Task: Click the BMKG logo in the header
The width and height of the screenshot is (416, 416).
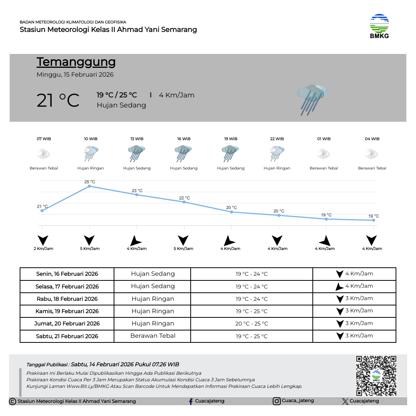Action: click(x=379, y=26)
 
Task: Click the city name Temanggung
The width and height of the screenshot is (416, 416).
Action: click(x=76, y=62)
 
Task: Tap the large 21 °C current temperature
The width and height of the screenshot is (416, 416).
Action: click(x=58, y=101)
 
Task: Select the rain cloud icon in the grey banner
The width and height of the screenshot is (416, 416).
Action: click(x=312, y=99)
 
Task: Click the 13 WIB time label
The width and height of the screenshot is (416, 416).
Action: click(x=137, y=139)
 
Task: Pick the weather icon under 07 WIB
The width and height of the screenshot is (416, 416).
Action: click(x=43, y=154)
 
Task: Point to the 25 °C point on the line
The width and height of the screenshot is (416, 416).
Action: click(x=89, y=186)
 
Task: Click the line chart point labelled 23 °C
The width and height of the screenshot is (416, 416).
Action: click(x=137, y=195)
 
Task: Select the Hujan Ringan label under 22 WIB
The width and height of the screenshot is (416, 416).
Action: click(x=277, y=168)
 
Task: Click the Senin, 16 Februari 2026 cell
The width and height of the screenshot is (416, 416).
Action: click(x=67, y=274)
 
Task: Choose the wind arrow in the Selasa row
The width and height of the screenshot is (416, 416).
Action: click(x=339, y=287)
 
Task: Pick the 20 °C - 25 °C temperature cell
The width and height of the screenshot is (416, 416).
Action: click(x=252, y=324)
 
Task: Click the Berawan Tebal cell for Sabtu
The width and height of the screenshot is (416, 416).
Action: click(x=153, y=336)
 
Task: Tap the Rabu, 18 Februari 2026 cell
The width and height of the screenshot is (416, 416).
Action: click(x=67, y=299)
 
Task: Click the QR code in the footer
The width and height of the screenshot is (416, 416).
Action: click(x=376, y=376)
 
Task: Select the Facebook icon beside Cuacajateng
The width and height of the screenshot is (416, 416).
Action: click(x=191, y=401)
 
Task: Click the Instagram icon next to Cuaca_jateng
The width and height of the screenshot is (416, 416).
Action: click(x=277, y=401)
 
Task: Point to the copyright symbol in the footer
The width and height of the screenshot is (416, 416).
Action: click(x=12, y=401)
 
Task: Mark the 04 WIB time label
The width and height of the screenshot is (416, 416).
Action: click(x=372, y=139)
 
